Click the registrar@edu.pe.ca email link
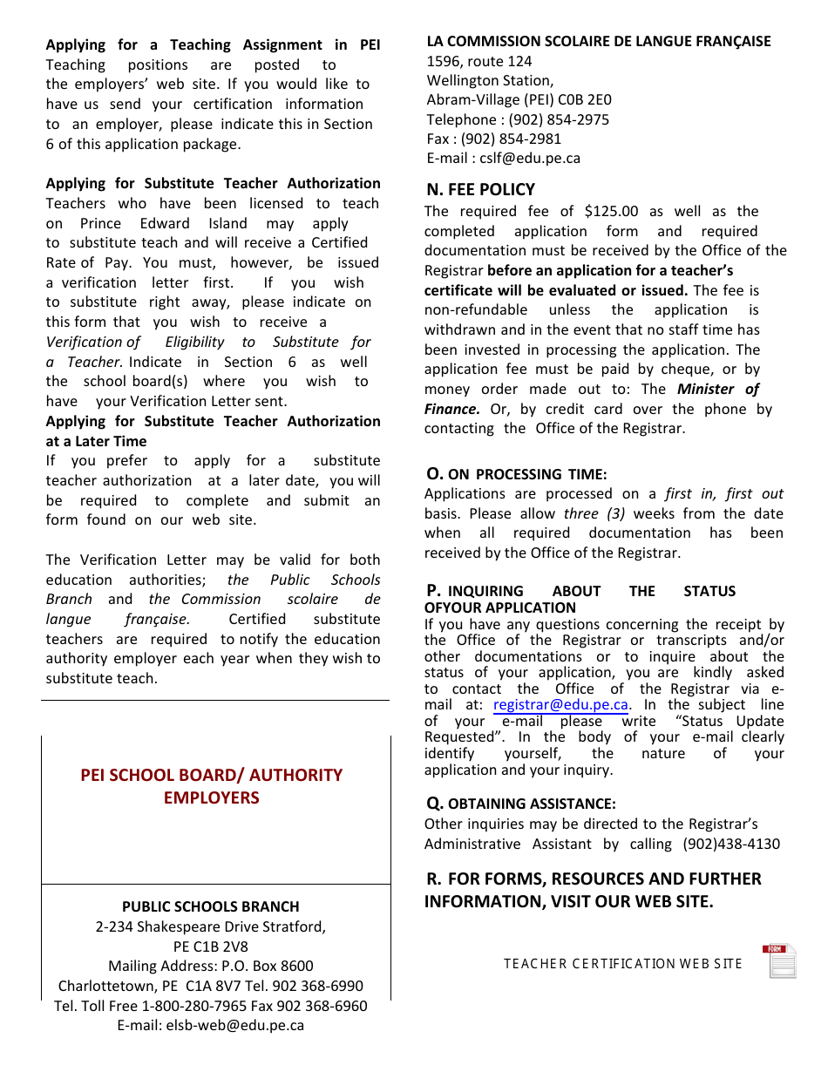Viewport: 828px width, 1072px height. coord(560,705)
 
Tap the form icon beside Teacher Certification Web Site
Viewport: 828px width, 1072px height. coord(780,961)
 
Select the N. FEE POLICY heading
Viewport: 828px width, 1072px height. coord(480,190)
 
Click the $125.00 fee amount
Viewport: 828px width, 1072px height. coord(611,212)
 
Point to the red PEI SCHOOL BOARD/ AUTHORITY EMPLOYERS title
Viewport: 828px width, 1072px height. coord(212,786)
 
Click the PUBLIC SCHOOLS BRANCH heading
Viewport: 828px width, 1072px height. coord(210,906)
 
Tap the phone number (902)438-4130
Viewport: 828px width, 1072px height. coord(738,844)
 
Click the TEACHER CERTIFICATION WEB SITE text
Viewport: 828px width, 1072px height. coord(622,964)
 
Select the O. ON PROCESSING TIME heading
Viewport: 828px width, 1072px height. coord(516,474)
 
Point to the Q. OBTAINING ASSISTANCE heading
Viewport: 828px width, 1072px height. coord(520,804)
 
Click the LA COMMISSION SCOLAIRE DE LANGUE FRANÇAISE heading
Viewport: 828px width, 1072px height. coord(599,41)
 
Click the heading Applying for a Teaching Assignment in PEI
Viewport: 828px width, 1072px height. coord(213,45)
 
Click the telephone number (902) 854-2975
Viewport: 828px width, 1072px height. coord(559,119)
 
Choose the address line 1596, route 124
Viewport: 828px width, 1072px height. coord(478,61)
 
